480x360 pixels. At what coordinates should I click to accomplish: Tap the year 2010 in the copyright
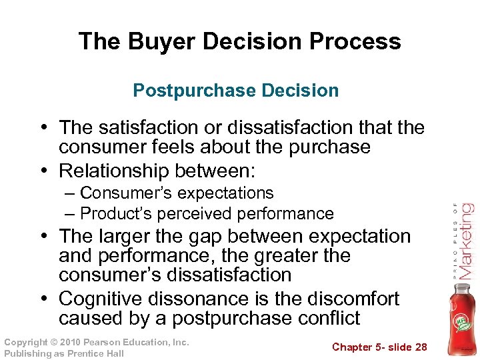[x=76, y=343]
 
